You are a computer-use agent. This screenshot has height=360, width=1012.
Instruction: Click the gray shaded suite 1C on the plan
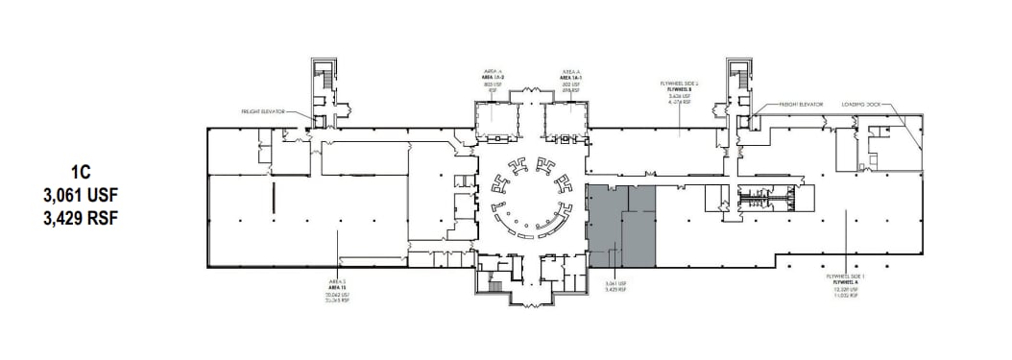pos(620,227)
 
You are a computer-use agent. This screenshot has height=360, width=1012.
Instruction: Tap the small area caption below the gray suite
pos(615,287)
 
